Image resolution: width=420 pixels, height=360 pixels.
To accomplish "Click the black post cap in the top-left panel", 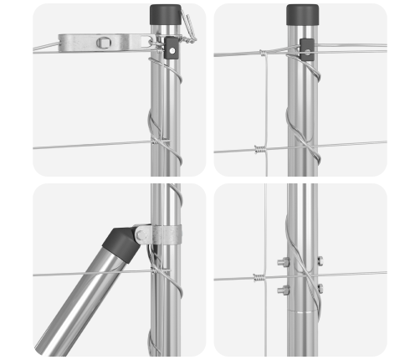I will (165, 14).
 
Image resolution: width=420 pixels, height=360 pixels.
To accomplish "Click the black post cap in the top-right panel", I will (302, 14).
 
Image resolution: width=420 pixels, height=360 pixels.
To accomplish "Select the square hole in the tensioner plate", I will (103, 42).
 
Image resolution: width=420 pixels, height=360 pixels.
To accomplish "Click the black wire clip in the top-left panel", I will (172, 47).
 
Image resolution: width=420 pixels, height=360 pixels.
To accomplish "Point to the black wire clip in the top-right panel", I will (305, 49).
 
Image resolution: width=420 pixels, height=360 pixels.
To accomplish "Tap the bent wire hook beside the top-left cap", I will (190, 30).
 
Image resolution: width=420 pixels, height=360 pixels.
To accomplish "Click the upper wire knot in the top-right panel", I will (262, 54).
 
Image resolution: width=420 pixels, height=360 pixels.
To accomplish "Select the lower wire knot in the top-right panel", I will (259, 151).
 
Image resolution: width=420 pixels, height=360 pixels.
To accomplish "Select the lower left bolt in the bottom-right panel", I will (283, 291).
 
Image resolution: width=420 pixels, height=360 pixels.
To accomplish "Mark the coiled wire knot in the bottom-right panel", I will (259, 277).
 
